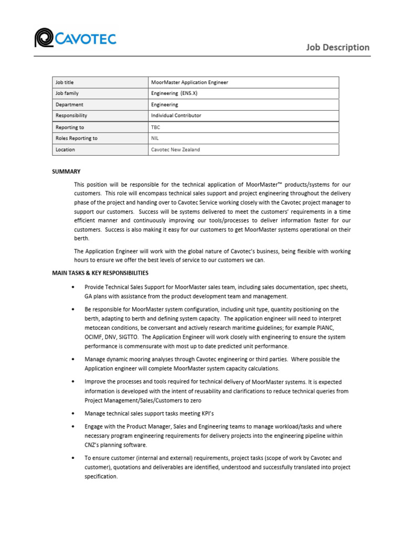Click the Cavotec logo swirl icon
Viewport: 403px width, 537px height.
[x=45, y=38]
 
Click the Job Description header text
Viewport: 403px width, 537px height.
[x=338, y=47]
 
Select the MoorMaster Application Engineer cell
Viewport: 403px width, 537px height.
[x=189, y=82]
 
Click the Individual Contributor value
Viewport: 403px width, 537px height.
[x=176, y=115]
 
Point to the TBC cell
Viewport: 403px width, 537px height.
[x=155, y=127]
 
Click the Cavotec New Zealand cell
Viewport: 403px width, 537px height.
[x=175, y=149]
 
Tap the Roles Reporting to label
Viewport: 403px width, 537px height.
[x=77, y=138]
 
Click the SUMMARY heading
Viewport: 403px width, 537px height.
[x=66, y=171]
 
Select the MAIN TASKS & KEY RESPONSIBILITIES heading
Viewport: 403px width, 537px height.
[x=100, y=273]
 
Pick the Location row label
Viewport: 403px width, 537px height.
[x=66, y=149]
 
